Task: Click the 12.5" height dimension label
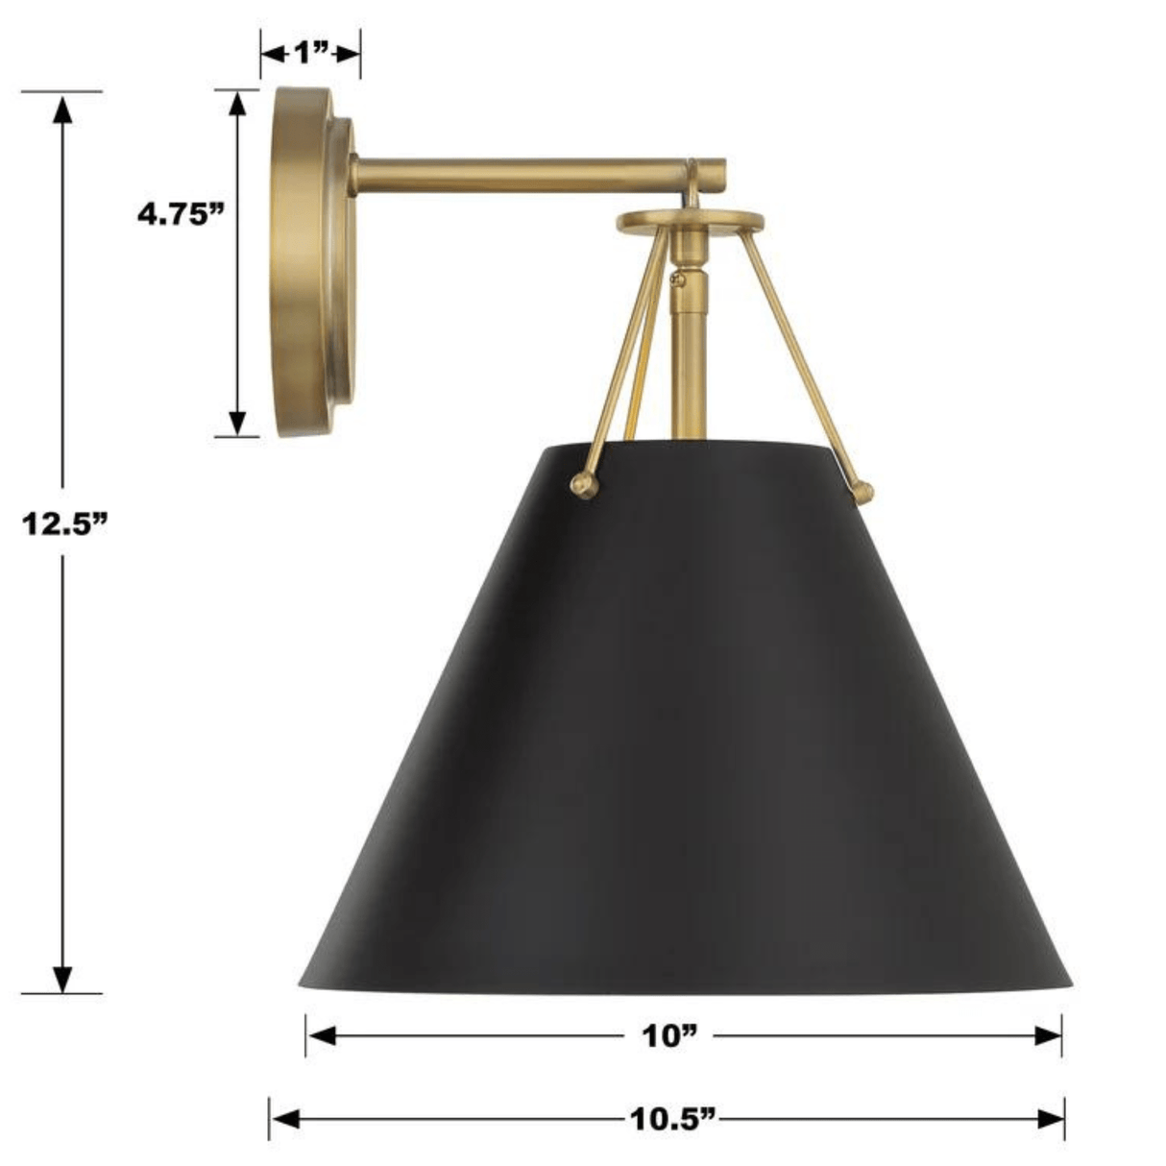[x=63, y=524]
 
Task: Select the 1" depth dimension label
[x=310, y=53]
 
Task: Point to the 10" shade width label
[x=668, y=1035]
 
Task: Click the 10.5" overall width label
[x=673, y=1118]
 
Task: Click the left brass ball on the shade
[x=583, y=486]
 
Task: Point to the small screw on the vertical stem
[x=678, y=279]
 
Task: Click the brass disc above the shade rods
[x=691, y=222]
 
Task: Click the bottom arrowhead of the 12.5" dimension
[x=63, y=978]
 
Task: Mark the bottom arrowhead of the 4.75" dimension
[x=237, y=423]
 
